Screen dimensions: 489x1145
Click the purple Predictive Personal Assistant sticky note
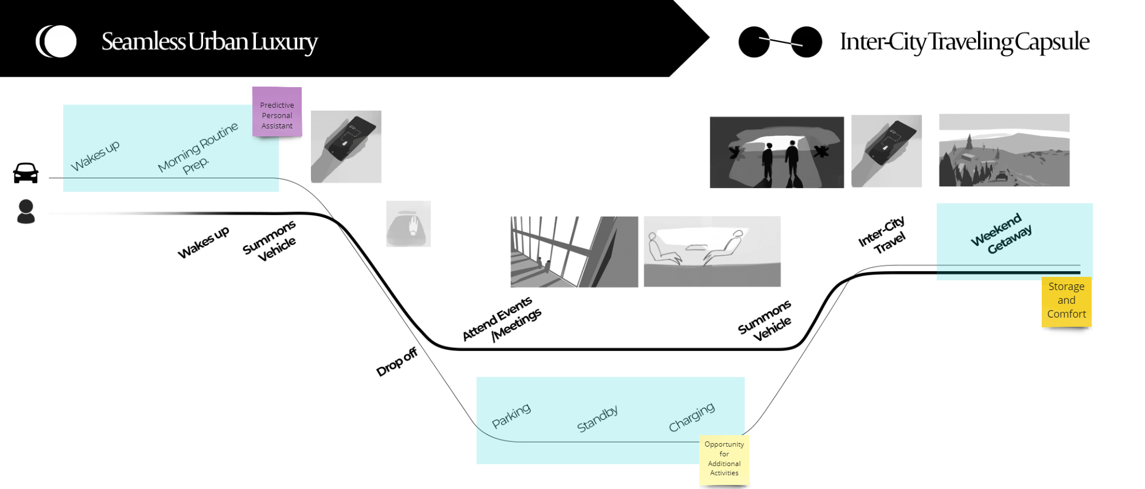[277, 112]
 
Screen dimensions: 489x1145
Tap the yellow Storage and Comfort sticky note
[1066, 301]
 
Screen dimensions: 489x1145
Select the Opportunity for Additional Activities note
[724, 459]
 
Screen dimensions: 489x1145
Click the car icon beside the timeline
[26, 173]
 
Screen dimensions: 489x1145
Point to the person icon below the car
[26, 212]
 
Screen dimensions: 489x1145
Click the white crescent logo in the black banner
[56, 41]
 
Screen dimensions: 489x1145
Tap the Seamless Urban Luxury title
[209, 42]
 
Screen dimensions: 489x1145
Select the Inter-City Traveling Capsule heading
[964, 42]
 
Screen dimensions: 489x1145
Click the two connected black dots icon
[780, 42]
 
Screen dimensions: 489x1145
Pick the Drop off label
[396, 362]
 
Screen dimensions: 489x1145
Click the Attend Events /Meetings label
[502, 320]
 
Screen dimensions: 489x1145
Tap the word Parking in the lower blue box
[511, 416]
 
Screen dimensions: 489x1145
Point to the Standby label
[597, 419]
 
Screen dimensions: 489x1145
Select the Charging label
[692, 417]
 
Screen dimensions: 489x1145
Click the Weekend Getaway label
[1002, 233]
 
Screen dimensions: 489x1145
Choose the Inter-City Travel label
[882, 235]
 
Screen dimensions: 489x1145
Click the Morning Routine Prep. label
[198, 150]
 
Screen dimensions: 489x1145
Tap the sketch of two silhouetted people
[777, 152]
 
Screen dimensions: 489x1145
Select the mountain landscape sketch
[1004, 150]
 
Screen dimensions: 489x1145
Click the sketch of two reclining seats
[712, 251]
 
